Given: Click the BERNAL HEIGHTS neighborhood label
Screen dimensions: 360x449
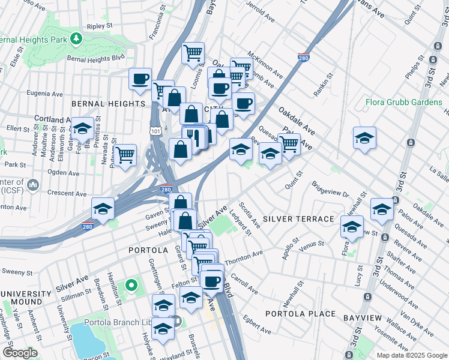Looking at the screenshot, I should (x=109, y=104).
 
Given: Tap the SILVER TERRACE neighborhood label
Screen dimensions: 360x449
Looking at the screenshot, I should (x=298, y=219).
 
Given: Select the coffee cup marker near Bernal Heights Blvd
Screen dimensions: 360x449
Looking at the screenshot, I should (x=140, y=79).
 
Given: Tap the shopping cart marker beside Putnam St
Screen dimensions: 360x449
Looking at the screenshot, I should (x=125, y=155).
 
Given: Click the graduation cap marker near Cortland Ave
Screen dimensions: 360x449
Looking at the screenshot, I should (x=82, y=128).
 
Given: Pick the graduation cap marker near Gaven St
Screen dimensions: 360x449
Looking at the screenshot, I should (x=103, y=209).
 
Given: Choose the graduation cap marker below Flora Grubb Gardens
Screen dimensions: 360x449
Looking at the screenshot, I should (x=364, y=139).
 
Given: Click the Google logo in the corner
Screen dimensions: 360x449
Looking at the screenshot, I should (x=20, y=353).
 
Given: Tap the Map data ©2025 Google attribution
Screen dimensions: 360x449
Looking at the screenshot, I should (x=412, y=355).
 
